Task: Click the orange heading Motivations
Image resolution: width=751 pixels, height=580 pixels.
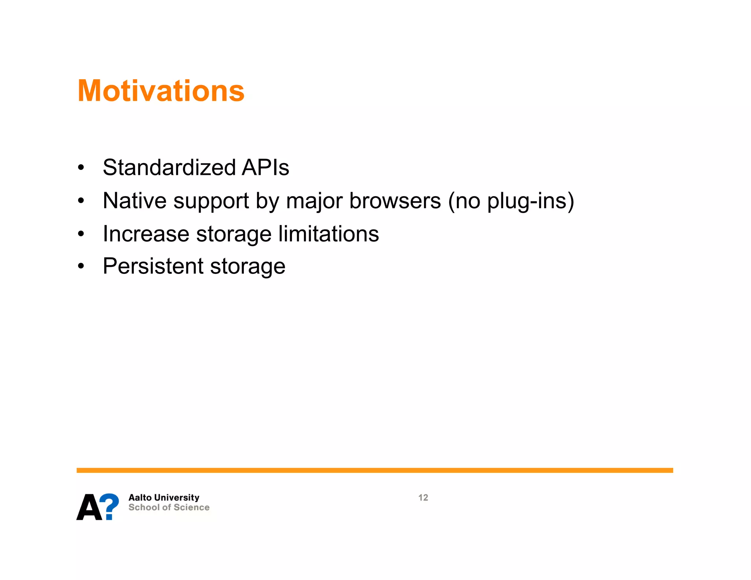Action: tap(161, 91)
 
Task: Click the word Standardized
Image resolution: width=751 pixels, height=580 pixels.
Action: tap(169, 168)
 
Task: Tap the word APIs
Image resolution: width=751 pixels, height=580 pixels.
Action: tap(265, 168)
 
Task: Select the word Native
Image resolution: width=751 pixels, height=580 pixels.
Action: tap(135, 201)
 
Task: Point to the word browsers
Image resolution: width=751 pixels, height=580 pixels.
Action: tap(395, 201)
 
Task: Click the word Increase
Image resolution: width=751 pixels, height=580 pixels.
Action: tap(146, 234)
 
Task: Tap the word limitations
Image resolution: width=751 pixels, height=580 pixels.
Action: tap(329, 234)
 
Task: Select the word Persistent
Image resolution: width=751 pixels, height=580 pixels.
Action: tap(153, 266)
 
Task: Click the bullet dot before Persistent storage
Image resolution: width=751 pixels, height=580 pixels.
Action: tap(81, 266)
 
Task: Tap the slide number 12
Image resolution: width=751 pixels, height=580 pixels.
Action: tap(423, 498)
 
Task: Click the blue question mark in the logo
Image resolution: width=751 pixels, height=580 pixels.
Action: tap(109, 506)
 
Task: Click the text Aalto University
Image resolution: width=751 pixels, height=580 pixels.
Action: tap(164, 498)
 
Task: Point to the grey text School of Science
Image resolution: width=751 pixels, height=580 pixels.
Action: tap(169, 507)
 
